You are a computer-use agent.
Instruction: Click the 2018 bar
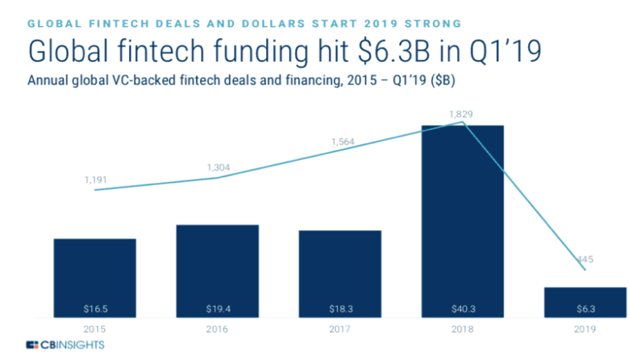[462, 221]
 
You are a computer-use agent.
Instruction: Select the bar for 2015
[94, 276]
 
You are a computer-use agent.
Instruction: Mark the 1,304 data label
[218, 167]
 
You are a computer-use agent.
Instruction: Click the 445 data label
[585, 259]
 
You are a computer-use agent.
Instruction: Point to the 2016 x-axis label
[217, 329]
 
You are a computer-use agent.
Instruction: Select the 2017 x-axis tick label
[340, 329]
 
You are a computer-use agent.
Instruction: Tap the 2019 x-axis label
[585, 329]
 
